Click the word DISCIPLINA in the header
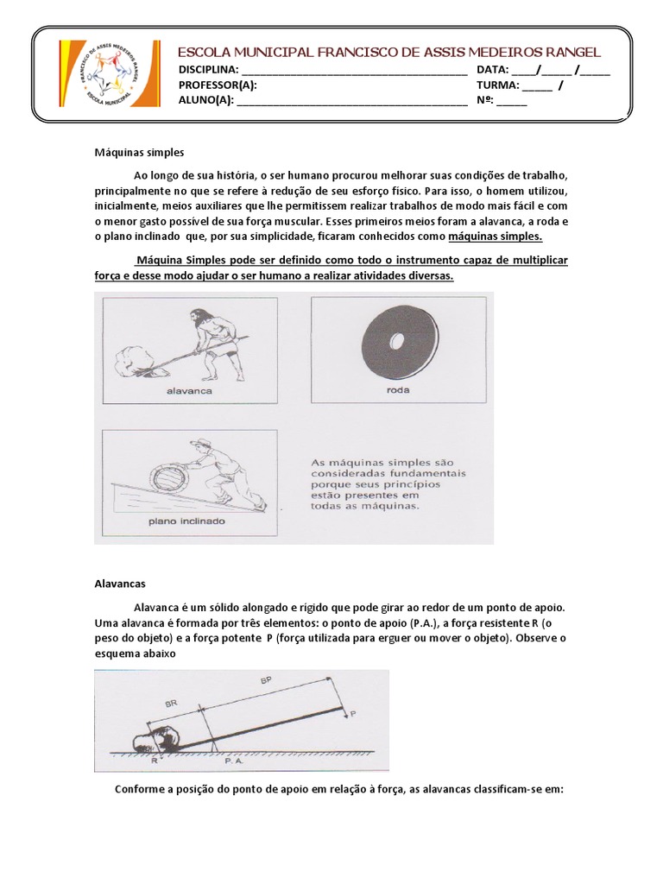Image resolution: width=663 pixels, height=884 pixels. click(208, 70)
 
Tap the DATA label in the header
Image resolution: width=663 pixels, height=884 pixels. click(492, 70)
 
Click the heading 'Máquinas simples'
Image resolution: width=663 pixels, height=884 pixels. click(139, 152)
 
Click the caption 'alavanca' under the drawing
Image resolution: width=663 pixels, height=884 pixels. click(190, 390)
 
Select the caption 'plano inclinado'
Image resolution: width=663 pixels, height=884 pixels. click(187, 521)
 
